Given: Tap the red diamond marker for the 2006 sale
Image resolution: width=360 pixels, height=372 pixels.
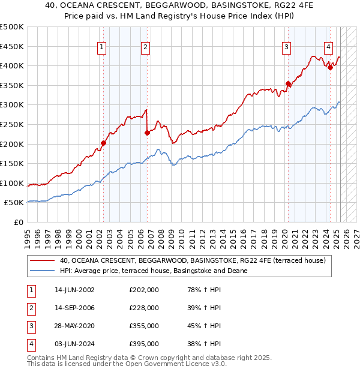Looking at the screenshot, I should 147,133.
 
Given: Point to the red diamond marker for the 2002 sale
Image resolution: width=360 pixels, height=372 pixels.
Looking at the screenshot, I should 103,143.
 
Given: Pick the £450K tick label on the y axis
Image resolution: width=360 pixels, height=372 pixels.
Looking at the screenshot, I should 12,46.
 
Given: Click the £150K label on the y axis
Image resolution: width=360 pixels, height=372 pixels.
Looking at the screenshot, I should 12,163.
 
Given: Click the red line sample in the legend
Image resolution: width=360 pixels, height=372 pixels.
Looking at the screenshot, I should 42,260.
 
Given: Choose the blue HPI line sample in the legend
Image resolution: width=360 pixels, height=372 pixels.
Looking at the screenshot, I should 42,271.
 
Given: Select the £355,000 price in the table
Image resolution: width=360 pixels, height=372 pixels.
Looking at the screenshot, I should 144,326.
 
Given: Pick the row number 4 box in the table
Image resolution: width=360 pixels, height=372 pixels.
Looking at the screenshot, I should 31,344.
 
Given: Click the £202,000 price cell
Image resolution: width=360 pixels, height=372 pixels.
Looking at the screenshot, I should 144,290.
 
